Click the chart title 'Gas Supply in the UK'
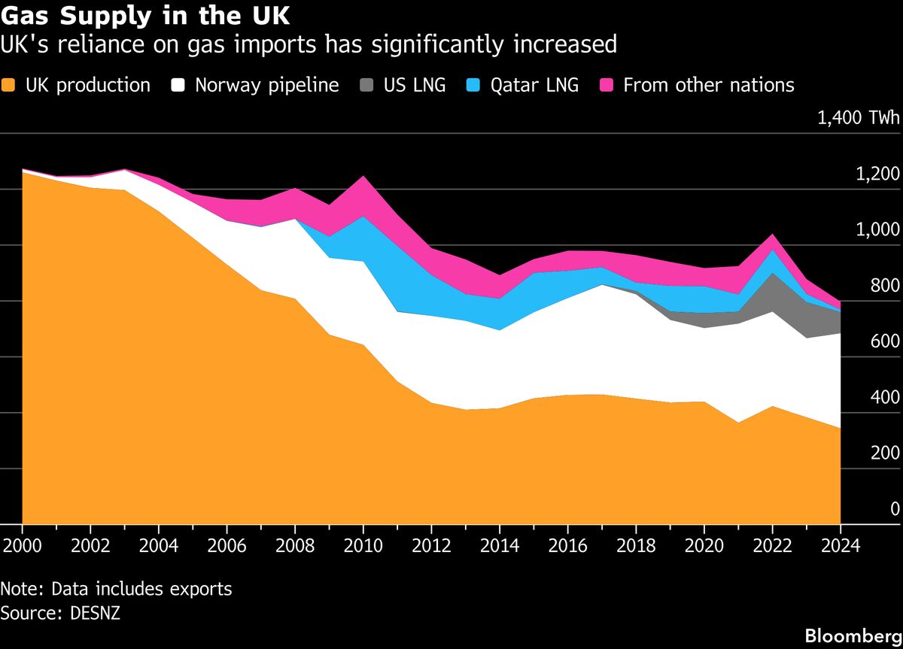point(145,16)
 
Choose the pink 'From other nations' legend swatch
point(607,85)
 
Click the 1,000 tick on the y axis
point(878,230)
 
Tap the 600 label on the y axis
point(885,341)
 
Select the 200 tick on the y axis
point(885,453)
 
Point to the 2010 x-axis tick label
point(363,545)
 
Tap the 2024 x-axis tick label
point(840,545)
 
